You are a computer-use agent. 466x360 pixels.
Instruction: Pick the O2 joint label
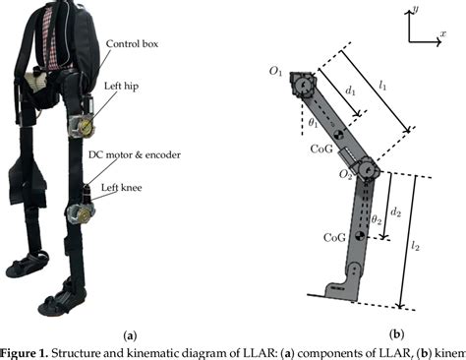click(x=347, y=175)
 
